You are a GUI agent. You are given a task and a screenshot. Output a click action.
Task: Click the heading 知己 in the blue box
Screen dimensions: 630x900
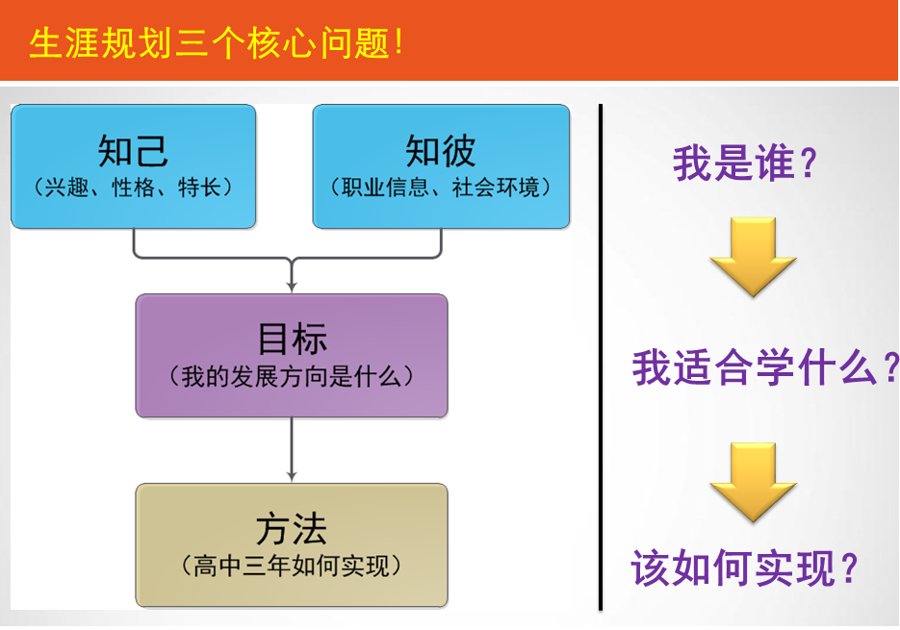point(133,151)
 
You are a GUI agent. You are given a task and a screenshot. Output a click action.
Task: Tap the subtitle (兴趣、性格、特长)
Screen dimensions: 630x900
point(133,187)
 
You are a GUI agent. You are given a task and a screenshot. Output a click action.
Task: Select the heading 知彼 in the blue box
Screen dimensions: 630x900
point(441,151)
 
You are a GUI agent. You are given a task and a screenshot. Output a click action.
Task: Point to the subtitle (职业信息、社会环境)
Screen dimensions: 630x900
point(441,187)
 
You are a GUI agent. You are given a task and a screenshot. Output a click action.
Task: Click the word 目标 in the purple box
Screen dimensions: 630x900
point(292,339)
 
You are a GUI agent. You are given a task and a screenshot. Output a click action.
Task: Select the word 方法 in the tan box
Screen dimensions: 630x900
point(292,529)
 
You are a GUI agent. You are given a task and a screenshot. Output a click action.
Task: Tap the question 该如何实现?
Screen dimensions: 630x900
point(744,568)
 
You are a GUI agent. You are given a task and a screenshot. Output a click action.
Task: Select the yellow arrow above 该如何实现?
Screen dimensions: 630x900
point(753,481)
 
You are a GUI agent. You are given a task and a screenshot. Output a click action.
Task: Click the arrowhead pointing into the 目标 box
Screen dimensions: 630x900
point(292,286)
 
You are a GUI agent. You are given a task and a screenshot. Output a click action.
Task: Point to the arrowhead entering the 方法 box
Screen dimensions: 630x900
point(292,475)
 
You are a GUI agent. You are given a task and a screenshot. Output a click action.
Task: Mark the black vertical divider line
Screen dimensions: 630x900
point(600,356)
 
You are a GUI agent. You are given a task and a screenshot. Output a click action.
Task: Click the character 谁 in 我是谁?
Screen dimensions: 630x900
point(777,163)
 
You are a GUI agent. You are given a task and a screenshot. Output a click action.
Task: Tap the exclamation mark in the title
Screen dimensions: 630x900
point(399,43)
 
